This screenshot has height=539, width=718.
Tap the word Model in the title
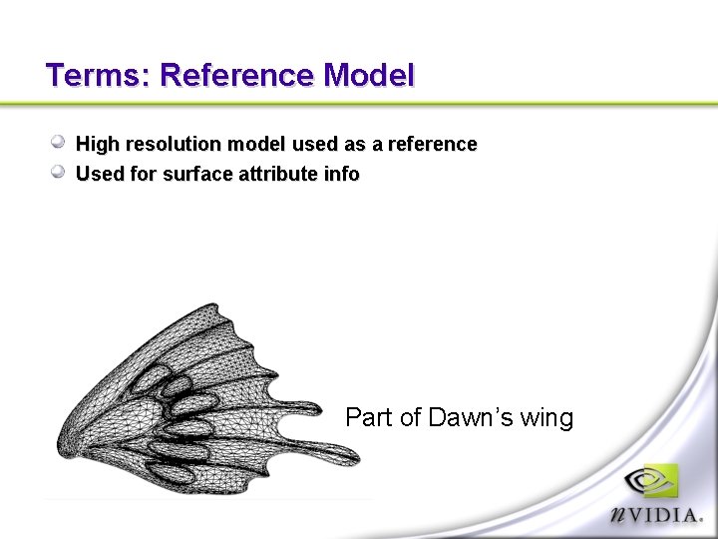click(368, 76)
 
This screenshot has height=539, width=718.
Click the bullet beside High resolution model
click(59, 143)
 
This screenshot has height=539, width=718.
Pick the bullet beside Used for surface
click(59, 173)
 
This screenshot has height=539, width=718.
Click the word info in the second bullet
click(342, 175)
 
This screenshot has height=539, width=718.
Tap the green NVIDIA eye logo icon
click(653, 480)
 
